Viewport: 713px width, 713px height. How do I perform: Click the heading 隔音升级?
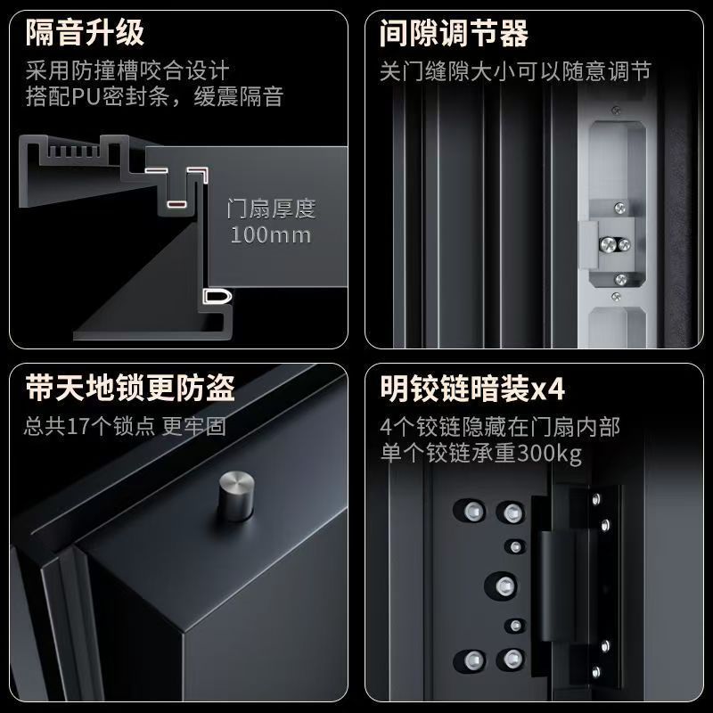tap(85, 32)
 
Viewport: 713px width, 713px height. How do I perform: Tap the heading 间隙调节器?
tap(454, 33)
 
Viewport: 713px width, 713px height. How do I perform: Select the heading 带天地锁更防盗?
tap(130, 388)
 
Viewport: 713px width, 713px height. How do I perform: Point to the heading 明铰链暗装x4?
tap(472, 389)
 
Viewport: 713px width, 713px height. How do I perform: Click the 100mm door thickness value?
tap(271, 235)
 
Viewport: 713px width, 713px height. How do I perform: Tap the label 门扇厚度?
tap(272, 209)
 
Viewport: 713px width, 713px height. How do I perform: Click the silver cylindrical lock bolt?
tap(236, 496)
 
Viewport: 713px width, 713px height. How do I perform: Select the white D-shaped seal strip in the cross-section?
tap(217, 297)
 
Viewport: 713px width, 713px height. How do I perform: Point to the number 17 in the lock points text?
tap(78, 427)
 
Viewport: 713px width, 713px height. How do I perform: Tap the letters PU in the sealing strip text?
tap(86, 96)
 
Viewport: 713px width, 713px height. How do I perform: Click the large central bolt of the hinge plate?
tap(504, 586)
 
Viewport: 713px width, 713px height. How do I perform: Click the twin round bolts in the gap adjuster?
tap(614, 244)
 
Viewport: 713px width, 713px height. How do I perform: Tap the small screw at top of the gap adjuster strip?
tap(616, 110)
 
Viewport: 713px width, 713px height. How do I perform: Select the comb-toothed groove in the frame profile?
tap(73, 151)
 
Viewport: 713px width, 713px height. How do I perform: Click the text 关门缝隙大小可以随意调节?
tap(516, 71)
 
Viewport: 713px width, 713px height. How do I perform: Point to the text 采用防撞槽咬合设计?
tap(127, 70)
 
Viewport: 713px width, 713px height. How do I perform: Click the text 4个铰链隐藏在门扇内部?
tap(500, 427)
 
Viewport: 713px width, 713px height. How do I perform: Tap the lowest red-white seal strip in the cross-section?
tap(176, 204)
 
